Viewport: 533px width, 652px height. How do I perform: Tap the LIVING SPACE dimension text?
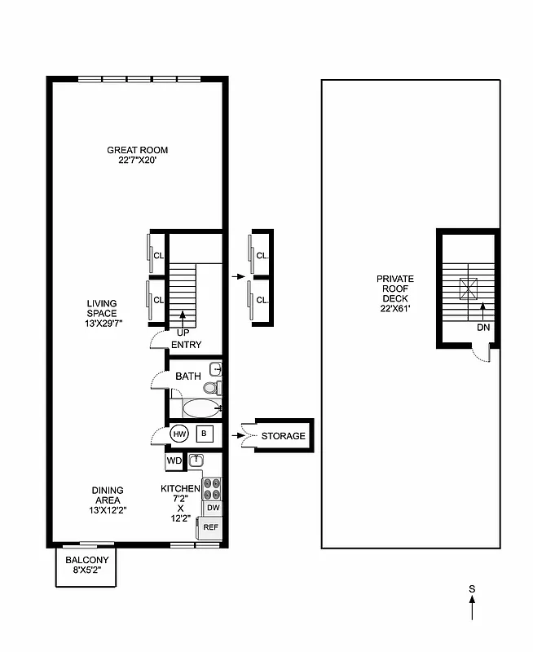102,323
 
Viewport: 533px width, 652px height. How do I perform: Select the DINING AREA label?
108,495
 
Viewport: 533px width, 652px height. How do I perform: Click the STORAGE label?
283,436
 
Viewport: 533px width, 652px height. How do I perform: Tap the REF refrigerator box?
211,527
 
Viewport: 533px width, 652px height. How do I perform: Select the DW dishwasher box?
213,508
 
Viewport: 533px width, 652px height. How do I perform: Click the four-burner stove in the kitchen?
212,488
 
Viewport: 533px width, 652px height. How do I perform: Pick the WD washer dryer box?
174,461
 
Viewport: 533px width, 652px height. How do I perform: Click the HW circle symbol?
179,435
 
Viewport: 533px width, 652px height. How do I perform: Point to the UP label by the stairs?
183,333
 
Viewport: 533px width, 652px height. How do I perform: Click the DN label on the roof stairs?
483,328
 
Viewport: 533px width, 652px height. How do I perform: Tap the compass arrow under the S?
472,610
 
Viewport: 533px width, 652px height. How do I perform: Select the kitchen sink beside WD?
195,460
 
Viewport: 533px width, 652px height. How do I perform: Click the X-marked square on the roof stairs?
469,287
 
